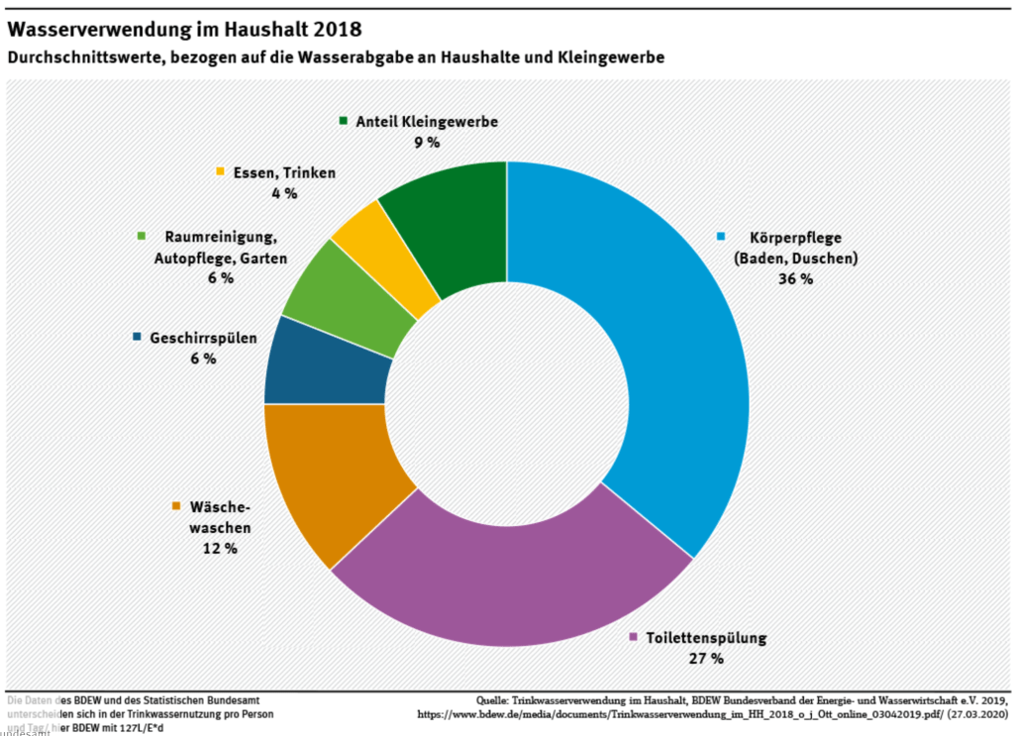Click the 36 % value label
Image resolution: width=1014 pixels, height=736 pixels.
coord(794,279)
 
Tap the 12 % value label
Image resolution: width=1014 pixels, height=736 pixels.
coord(220,548)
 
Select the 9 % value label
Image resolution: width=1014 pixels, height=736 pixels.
coord(426,143)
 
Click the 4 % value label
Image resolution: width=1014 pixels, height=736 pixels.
coord(284,193)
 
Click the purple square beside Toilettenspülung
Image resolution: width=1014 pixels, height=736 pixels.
coord(633,638)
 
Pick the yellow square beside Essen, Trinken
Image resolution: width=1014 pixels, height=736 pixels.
coord(221,172)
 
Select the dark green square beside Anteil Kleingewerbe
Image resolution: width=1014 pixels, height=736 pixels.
coord(343,122)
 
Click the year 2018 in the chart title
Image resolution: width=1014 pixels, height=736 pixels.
coord(331,29)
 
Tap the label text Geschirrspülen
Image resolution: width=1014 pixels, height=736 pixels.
coord(203,338)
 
